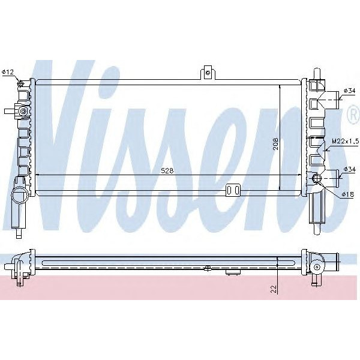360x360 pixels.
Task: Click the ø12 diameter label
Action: pyautogui.click(x=8, y=73)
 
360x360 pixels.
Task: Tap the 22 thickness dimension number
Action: pyautogui.click(x=273, y=289)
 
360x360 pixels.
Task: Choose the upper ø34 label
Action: pyautogui.click(x=350, y=91)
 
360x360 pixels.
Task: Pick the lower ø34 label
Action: pyautogui.click(x=350, y=169)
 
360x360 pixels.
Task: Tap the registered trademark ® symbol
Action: pyautogui.click(x=353, y=115)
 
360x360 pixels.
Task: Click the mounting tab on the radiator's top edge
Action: pyautogui.click(x=208, y=72)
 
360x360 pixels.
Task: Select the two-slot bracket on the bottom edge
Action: pyautogui.click(x=233, y=190)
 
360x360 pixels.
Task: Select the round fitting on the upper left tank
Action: pyautogui.click(x=22, y=112)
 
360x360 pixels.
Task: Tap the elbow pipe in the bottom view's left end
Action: pyautogui.click(x=23, y=262)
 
